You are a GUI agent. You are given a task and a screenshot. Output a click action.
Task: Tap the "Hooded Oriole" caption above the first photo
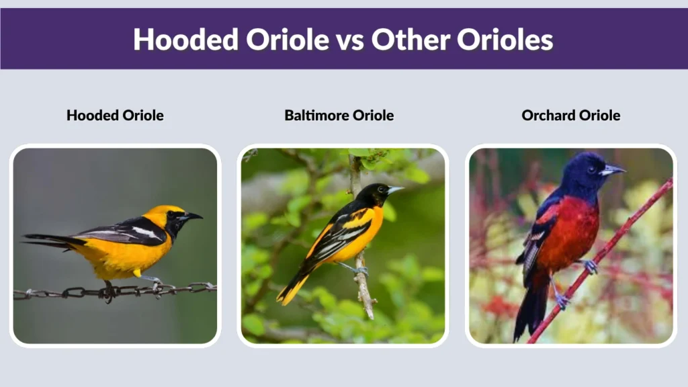click(x=115, y=115)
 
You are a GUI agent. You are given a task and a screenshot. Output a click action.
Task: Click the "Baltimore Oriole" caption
click(x=339, y=115)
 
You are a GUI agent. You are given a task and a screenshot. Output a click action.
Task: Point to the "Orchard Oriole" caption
click(x=570, y=115)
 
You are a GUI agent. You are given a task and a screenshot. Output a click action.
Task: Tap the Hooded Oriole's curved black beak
click(x=192, y=216)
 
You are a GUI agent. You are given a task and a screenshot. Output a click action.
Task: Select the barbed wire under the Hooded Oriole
click(x=67, y=293)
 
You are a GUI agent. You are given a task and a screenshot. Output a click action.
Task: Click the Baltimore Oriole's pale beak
click(x=395, y=190)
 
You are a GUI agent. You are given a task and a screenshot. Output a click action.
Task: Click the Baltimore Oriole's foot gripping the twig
click(x=361, y=271)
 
